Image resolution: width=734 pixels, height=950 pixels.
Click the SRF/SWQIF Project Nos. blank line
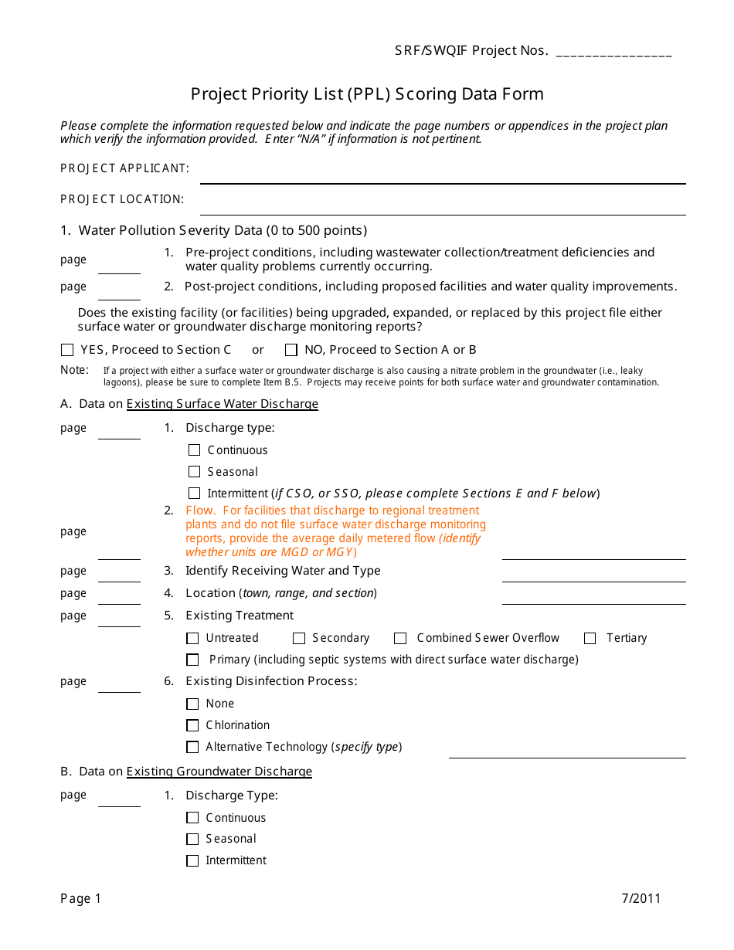(613, 54)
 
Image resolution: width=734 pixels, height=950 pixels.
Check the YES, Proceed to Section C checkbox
(67, 350)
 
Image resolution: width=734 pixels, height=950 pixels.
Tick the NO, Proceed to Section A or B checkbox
(291, 350)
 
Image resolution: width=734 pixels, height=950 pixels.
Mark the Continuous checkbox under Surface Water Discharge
(194, 450)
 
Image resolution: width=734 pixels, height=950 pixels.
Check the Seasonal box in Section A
(194, 472)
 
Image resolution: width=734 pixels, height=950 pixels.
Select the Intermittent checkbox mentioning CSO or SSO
(194, 494)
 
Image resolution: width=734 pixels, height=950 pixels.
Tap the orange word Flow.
(200, 511)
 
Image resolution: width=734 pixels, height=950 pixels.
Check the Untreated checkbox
(192, 638)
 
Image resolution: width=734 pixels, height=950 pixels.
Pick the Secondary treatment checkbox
(299, 638)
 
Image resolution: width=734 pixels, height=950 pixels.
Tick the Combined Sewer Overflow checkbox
(400, 638)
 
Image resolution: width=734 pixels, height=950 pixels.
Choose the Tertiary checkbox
(590, 638)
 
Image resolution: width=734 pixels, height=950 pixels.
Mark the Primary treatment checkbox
(192, 660)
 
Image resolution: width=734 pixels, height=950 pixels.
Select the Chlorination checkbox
(192, 725)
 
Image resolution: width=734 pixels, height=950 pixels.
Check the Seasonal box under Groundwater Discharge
(192, 839)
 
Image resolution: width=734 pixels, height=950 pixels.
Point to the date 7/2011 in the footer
(641, 898)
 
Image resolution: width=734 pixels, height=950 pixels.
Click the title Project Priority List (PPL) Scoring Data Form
(367, 94)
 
